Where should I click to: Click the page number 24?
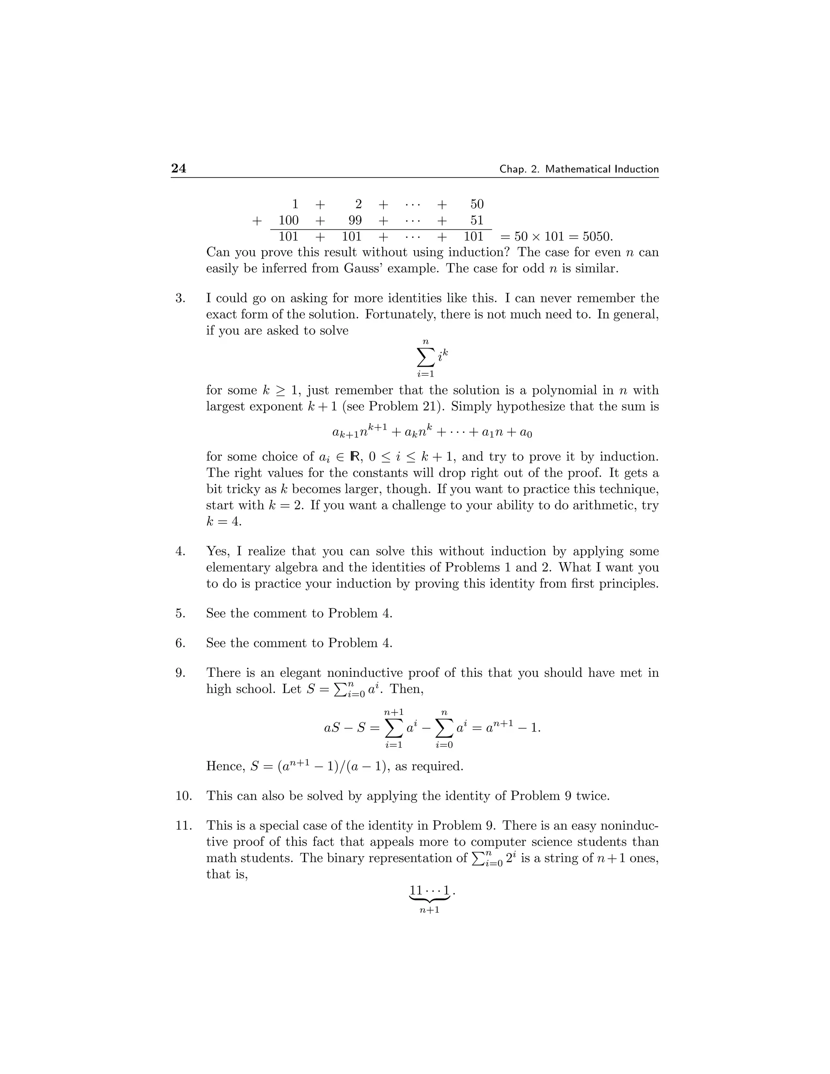coord(178,168)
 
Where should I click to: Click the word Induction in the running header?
coord(637,169)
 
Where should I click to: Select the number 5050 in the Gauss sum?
coord(597,237)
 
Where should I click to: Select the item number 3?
coord(180,299)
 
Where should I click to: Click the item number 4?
coord(180,551)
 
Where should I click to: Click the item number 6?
coord(180,643)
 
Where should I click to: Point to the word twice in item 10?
coord(593,796)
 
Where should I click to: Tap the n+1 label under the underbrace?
coord(429,910)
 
